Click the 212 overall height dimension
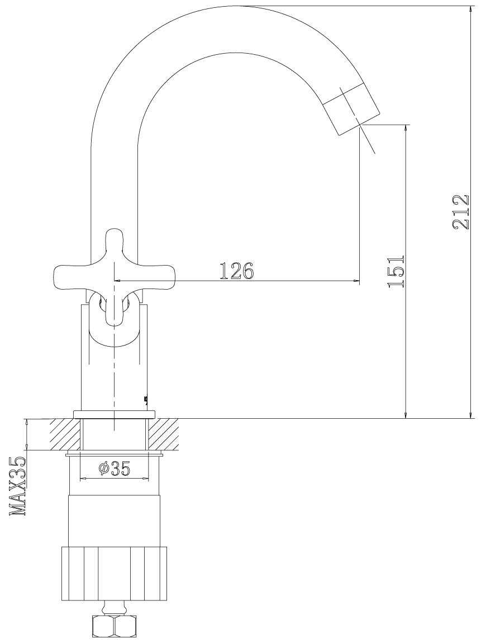coord(460,212)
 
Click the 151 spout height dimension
coord(396,271)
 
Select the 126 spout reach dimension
coord(237,271)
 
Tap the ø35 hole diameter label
coord(115,469)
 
